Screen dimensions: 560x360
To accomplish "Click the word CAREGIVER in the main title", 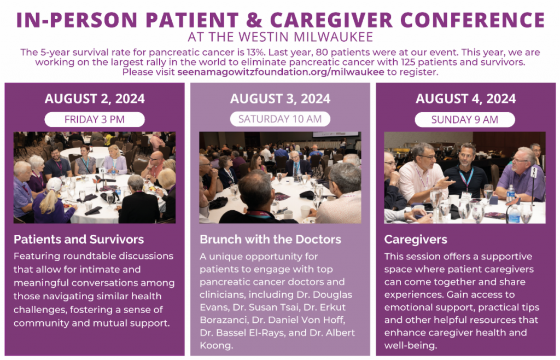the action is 331,20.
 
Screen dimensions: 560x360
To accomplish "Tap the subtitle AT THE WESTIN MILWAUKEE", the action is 281,37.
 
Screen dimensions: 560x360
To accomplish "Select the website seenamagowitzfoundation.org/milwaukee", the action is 281,72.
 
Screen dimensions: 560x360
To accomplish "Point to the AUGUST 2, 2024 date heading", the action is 95,99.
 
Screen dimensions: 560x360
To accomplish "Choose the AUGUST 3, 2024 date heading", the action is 281,99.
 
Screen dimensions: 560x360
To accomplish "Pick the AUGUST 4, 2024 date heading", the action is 466,99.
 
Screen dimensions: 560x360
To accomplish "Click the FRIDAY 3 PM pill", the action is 95,119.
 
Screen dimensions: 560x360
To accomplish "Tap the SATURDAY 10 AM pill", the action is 280,119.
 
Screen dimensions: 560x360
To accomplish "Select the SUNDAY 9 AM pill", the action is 465,120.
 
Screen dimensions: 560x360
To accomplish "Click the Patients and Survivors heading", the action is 79,239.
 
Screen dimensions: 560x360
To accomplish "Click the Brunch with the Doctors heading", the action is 270,239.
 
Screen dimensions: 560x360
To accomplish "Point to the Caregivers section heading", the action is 416,240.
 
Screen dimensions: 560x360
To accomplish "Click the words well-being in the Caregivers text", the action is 411,346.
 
